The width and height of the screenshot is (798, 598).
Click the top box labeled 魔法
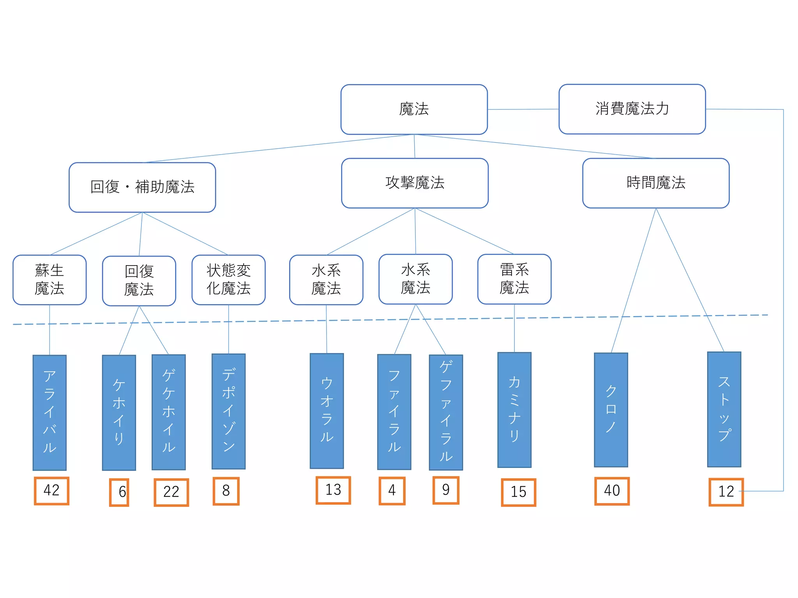coord(414,109)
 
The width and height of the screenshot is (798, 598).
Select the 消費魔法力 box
coord(632,109)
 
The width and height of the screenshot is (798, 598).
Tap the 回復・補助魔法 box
coord(142,187)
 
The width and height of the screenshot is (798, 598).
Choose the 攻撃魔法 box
coord(415,183)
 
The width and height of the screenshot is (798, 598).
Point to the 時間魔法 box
coord(656,183)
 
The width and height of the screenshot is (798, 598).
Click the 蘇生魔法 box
coord(49,280)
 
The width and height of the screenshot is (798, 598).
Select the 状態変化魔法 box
coord(228,280)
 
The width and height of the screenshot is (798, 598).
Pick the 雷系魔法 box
coord(514,279)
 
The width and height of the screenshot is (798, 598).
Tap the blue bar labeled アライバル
coord(49,412)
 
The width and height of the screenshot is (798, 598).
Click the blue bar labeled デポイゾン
coord(228,411)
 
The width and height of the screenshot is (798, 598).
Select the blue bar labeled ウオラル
coord(327,411)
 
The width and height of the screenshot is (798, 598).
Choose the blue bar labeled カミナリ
coord(514,410)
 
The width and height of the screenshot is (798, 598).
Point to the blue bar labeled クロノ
coord(611,410)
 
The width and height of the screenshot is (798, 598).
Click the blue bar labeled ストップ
coord(724,409)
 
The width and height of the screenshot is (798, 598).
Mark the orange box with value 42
coord(51,491)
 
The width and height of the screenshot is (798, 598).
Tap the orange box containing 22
coord(171,492)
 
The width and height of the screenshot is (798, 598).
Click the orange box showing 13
coord(333,490)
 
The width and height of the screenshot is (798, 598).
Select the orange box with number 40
coord(612,491)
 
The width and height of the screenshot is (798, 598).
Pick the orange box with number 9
coord(446,490)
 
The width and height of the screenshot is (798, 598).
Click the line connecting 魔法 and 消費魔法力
coord(523,109)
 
